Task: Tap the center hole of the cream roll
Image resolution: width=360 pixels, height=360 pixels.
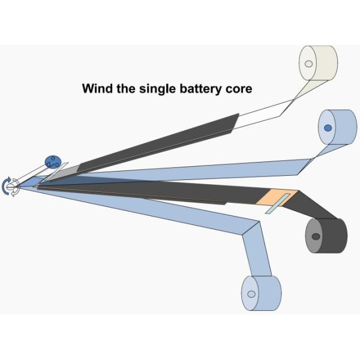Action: [x=308, y=64]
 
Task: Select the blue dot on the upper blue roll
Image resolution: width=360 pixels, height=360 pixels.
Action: [x=328, y=128]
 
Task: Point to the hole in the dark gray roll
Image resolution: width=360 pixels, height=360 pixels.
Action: [x=316, y=236]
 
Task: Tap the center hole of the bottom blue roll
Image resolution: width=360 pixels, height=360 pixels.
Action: [x=251, y=294]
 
